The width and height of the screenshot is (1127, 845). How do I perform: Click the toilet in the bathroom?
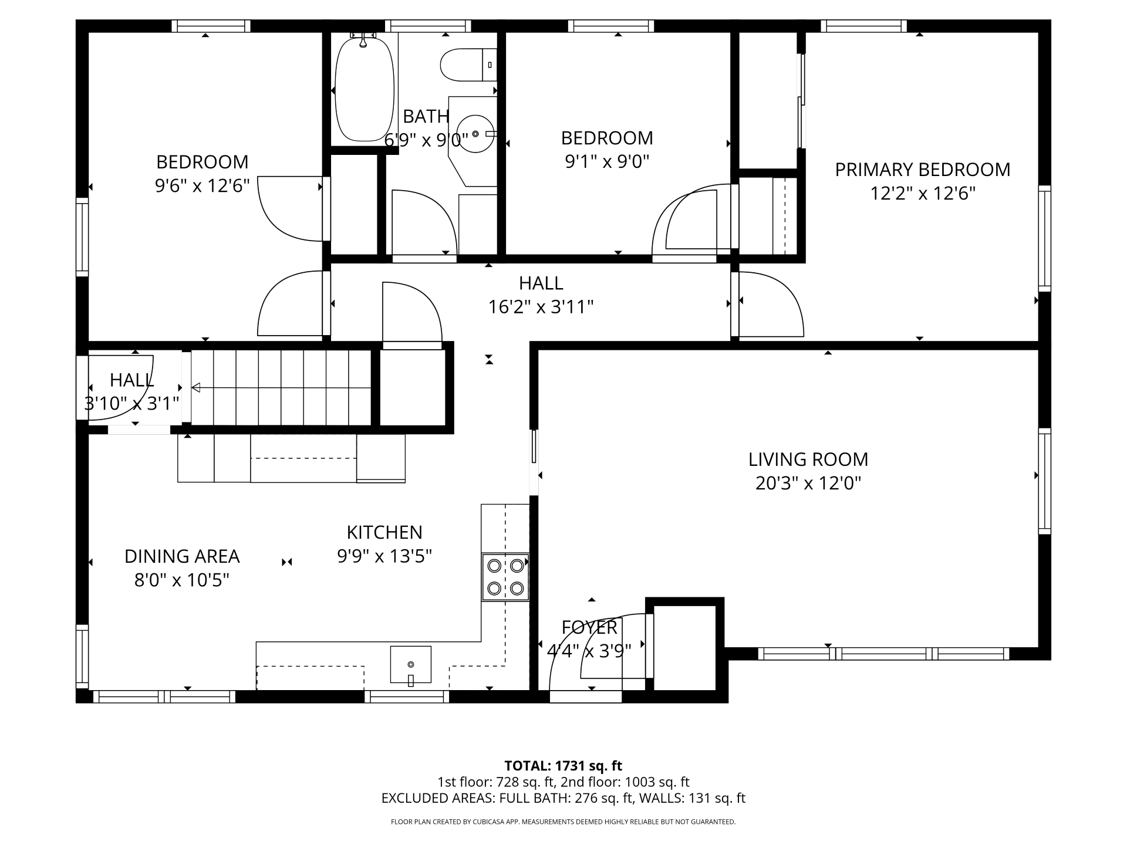coord(468,65)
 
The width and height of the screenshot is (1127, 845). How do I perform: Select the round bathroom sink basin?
coord(475,134)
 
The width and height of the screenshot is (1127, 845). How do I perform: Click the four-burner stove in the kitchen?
coord(505,577)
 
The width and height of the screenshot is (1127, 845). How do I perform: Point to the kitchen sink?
coord(411,665)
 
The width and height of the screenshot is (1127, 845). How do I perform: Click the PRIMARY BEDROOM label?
coord(923,170)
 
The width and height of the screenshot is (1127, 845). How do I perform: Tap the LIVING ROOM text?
coord(808,459)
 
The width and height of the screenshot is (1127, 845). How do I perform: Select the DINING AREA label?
coord(182,556)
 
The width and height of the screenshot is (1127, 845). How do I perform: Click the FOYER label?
coord(589,627)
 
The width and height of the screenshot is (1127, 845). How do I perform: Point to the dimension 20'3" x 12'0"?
coord(808,483)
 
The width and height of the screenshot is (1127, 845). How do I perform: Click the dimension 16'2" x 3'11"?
coord(541,307)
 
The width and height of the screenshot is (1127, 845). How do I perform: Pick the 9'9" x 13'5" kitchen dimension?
coord(384,556)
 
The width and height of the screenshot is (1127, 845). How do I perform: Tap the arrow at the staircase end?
coord(196,387)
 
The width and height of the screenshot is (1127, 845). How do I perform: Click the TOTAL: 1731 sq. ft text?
coord(563,766)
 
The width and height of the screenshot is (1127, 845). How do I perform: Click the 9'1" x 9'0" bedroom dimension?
coord(607,161)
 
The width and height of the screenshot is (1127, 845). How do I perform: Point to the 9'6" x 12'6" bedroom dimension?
coord(203,185)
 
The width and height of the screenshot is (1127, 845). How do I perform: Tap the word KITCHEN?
coord(384,532)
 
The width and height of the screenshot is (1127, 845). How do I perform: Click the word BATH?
coord(426,117)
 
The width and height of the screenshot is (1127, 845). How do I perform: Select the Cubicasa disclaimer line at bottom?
coord(563,822)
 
